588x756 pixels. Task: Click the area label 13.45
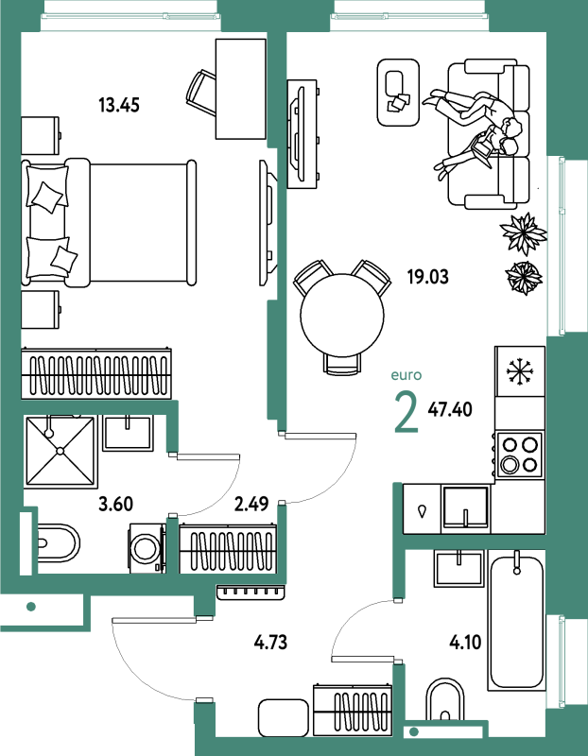pyautogui.click(x=119, y=105)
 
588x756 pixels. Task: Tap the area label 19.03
pyautogui.click(x=428, y=277)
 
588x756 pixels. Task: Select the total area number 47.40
pyautogui.click(x=450, y=410)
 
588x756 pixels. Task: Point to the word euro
pyautogui.click(x=406, y=375)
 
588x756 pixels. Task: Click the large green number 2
pyautogui.click(x=406, y=413)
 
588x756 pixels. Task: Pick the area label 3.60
pyautogui.click(x=115, y=505)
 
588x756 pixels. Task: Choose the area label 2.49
pyautogui.click(x=251, y=505)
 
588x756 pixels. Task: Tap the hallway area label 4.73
pyautogui.click(x=270, y=643)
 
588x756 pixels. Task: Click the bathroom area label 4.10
pyautogui.click(x=465, y=643)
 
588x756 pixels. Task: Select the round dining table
pyautogui.click(x=342, y=316)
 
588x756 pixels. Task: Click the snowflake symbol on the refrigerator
pyautogui.click(x=519, y=371)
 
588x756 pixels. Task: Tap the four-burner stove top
pyautogui.click(x=519, y=455)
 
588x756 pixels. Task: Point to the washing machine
pyautogui.click(x=147, y=548)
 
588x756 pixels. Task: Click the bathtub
pyautogui.click(x=516, y=621)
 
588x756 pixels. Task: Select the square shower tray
pyautogui.click(x=61, y=452)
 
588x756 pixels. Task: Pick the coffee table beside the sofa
pyautogui.click(x=398, y=92)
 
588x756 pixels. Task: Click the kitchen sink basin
pyautogui.click(x=465, y=507)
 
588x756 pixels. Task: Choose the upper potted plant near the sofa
pyautogui.click(x=524, y=233)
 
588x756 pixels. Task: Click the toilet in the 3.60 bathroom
pyautogui.click(x=58, y=542)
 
